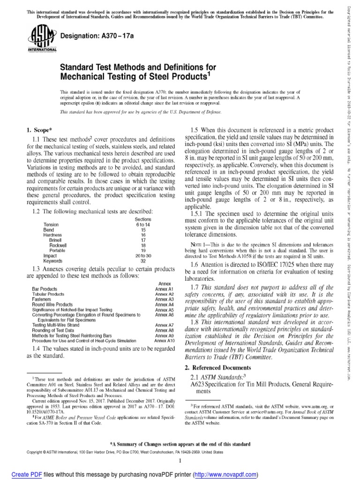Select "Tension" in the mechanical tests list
coord(51,225)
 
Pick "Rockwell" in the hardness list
coord(59,245)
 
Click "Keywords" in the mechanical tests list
coord(52,261)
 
